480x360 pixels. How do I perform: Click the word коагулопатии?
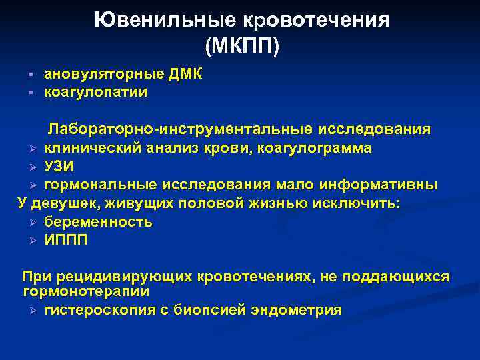click(x=96, y=92)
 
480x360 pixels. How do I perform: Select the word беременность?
click(x=98, y=222)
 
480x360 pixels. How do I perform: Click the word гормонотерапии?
click(x=86, y=291)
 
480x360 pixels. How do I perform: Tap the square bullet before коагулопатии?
click(x=31, y=92)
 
